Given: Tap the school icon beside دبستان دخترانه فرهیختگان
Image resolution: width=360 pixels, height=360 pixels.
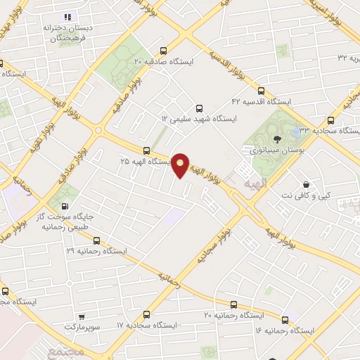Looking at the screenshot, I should pos(67,16).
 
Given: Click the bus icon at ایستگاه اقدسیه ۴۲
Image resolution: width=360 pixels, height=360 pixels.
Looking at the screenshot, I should pos(262,91).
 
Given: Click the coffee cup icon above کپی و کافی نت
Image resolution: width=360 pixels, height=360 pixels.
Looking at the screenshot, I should pos(306,184).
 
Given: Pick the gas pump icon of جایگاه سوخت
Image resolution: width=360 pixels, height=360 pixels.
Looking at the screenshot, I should pos(65,207).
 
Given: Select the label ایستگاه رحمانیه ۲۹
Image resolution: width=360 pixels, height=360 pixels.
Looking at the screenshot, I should pos(99,250).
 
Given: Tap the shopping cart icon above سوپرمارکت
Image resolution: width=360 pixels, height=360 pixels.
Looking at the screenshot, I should pos(82,317).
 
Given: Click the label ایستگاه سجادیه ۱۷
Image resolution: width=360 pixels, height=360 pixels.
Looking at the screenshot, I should pos(150,326).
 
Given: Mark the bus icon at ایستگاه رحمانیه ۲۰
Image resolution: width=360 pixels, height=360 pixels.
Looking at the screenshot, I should pos(233,304).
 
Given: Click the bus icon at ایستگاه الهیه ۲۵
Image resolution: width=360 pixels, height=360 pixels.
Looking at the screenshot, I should pos(146,150).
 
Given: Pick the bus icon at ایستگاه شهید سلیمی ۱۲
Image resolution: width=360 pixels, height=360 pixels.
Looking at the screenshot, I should pos(199,108).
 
